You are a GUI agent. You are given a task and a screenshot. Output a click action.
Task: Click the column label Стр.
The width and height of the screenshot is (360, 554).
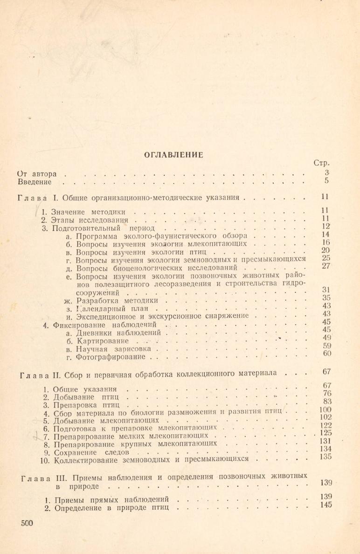(x=322, y=163)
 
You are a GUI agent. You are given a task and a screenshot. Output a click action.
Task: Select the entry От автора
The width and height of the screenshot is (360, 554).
(x=36, y=174)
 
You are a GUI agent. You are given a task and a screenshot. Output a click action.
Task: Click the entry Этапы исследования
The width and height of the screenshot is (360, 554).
(x=89, y=220)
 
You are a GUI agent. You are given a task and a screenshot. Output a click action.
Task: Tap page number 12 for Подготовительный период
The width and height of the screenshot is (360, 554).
(x=326, y=227)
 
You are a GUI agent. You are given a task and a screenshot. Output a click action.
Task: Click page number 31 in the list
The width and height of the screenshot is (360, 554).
(x=326, y=290)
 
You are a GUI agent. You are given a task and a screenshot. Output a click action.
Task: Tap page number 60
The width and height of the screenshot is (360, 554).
(x=326, y=354)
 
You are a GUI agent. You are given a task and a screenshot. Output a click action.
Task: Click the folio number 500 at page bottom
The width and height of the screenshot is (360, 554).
(x=27, y=523)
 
